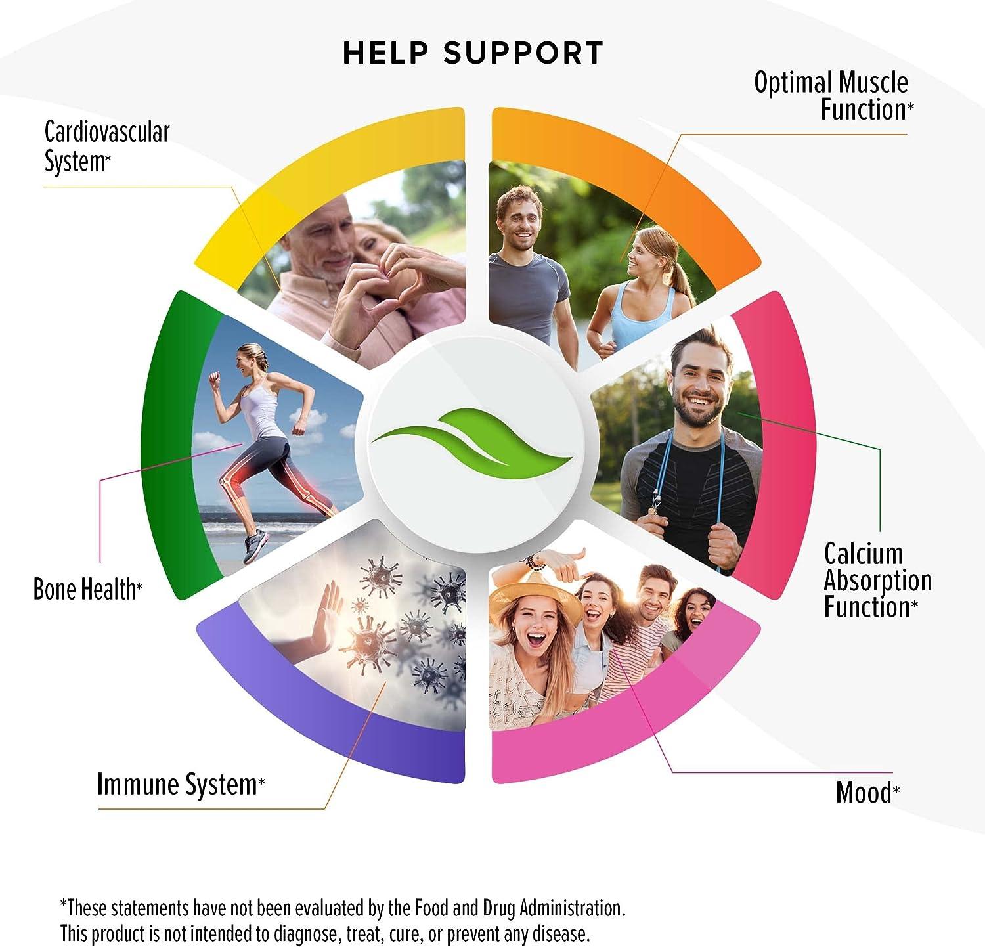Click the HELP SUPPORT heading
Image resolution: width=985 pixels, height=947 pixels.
pos(473,53)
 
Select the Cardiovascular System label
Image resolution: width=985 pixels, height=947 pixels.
pos(106,146)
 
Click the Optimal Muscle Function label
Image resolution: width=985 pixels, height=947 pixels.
pos(833,96)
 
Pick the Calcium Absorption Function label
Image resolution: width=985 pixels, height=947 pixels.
pos(877,580)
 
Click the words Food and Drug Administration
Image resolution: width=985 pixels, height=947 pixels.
pos(519,908)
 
